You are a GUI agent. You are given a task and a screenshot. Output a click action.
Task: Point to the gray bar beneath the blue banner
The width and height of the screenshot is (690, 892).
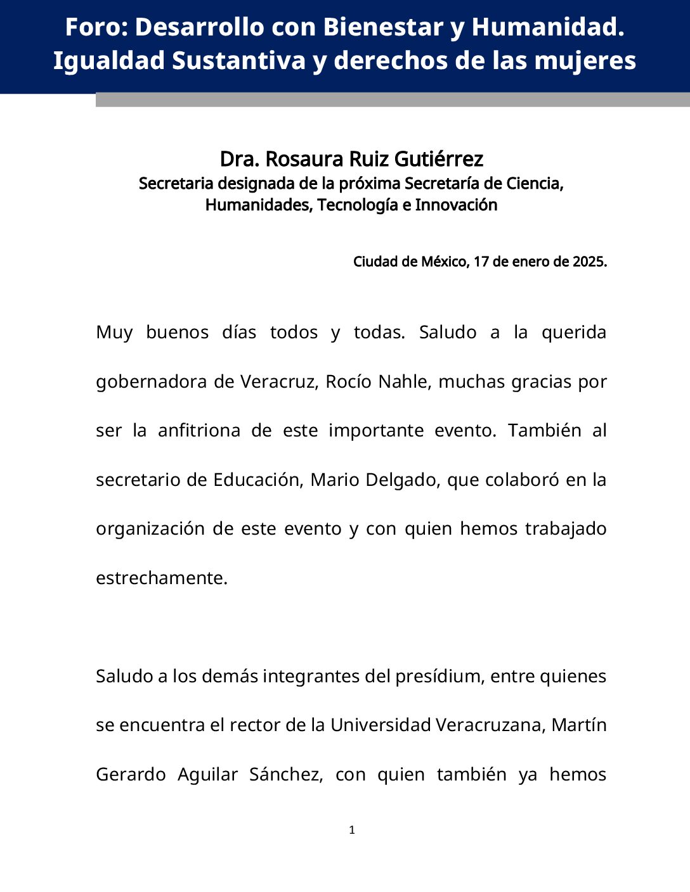[x=393, y=100]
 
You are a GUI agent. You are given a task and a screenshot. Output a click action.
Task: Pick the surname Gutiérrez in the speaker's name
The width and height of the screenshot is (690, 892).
[x=439, y=158]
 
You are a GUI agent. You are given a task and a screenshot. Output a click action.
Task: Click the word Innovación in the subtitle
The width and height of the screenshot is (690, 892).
[x=456, y=205]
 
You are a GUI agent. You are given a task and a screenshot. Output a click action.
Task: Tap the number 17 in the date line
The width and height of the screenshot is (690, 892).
[x=481, y=262]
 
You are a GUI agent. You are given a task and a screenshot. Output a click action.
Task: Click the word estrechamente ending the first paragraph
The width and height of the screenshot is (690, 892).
[x=161, y=578]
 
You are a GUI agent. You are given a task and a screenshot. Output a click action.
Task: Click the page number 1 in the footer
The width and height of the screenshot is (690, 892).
[x=352, y=830]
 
